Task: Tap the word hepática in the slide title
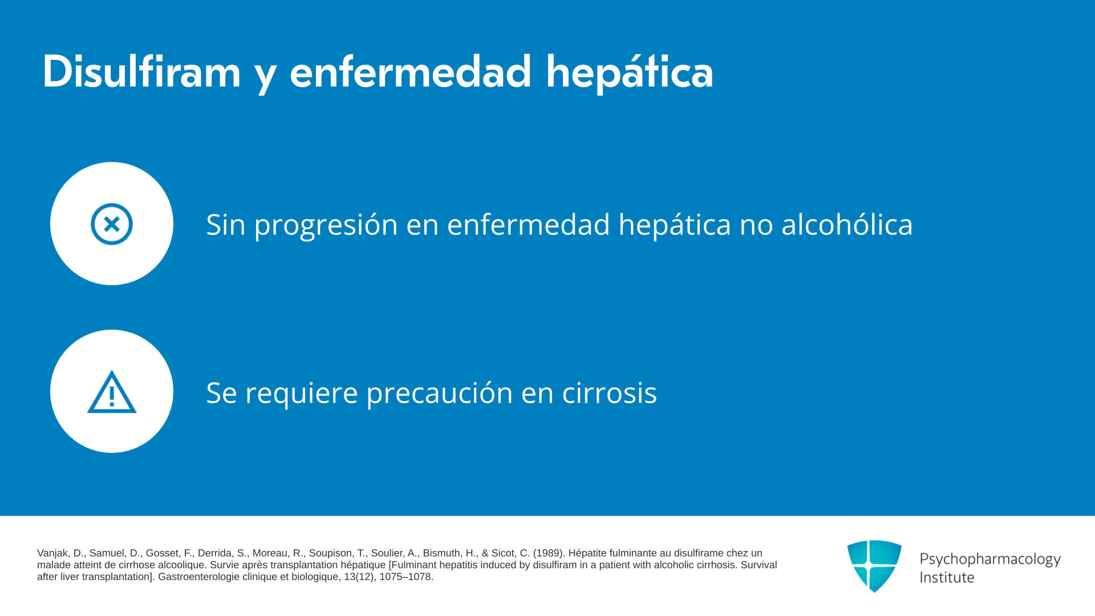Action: pyautogui.click(x=630, y=73)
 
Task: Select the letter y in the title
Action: pyautogui.click(x=266, y=76)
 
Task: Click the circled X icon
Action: pyautogui.click(x=112, y=224)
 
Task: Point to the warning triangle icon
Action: pyautogui.click(x=112, y=392)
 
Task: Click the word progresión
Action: pyautogui.click(x=326, y=225)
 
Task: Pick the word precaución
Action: pyautogui.click(x=440, y=393)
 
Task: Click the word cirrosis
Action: pyautogui.click(x=609, y=392)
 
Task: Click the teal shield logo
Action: pyautogui.click(x=874, y=566)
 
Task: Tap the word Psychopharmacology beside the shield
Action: pyautogui.click(x=990, y=560)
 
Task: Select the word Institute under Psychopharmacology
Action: pyautogui.click(x=947, y=577)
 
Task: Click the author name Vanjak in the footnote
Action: pyautogui.click(x=54, y=553)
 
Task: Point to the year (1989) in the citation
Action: pyautogui.click(x=549, y=553)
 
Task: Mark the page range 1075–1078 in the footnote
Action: pyautogui.click(x=406, y=577)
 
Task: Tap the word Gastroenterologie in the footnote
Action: pyautogui.click(x=196, y=577)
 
